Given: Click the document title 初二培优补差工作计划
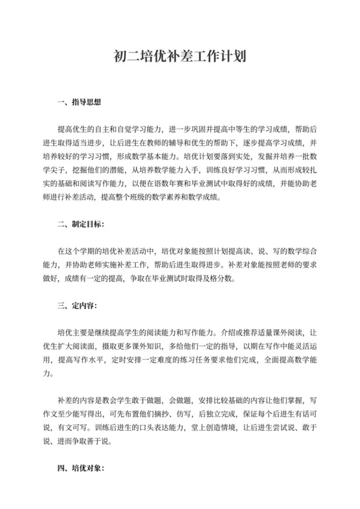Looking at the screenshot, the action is coord(180,57).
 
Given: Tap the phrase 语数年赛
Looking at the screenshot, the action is coord(192,184).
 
